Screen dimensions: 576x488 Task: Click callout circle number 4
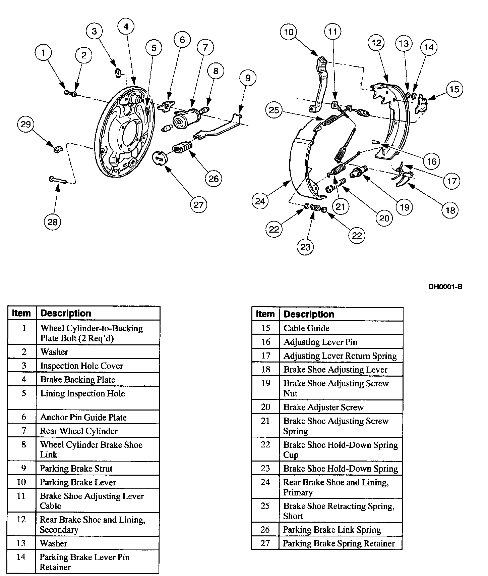[x=126, y=26]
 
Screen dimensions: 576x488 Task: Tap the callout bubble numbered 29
[x=26, y=124]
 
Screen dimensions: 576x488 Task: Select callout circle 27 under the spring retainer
[x=198, y=204]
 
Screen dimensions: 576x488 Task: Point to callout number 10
[x=289, y=32]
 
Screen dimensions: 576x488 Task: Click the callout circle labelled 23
[x=305, y=247]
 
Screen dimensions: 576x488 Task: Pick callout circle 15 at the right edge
[x=454, y=89]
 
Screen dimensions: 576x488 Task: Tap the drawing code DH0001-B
[x=445, y=287]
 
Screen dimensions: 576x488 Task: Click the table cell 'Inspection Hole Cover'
[x=81, y=366]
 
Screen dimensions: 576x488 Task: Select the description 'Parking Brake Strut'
[x=76, y=469]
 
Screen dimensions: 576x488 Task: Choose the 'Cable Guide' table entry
[x=306, y=328]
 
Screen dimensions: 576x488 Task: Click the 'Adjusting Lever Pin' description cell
[x=320, y=342]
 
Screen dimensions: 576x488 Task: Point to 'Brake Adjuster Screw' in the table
[x=323, y=407]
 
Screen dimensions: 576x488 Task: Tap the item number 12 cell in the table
[x=21, y=520]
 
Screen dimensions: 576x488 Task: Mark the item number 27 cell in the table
[x=265, y=543]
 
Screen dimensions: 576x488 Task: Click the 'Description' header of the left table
[x=66, y=313]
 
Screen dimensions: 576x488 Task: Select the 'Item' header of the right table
[x=265, y=314]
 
